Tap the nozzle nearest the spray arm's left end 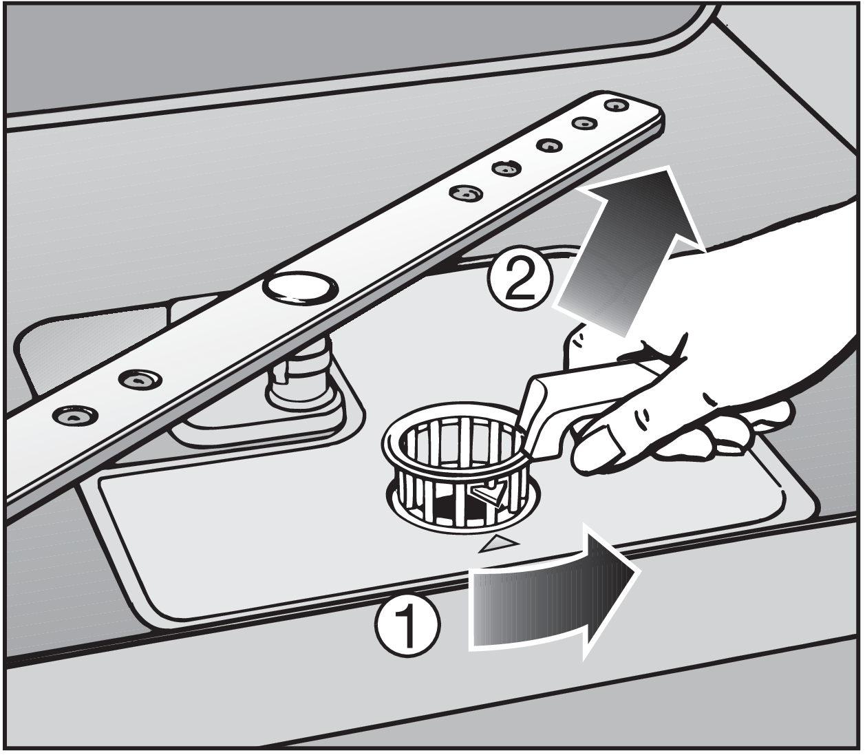point(74,415)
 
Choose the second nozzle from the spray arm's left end point(140,379)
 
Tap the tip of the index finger point(588,465)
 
